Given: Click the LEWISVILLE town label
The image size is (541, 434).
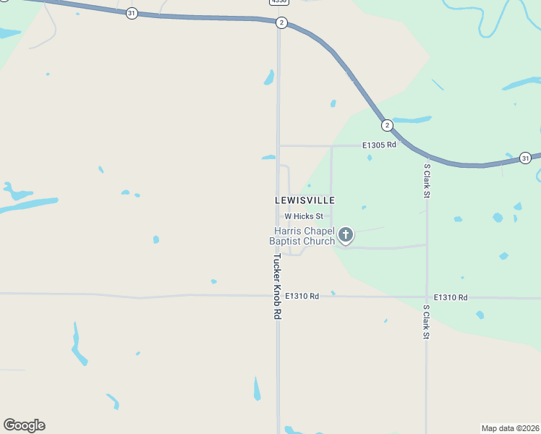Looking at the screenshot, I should (304, 200).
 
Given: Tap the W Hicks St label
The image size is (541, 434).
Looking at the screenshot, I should (307, 216).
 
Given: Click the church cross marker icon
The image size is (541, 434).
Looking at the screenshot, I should (346, 234).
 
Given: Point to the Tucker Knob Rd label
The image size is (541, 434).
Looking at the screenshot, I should (276, 286).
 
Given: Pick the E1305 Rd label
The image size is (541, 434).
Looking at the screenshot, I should (380, 145).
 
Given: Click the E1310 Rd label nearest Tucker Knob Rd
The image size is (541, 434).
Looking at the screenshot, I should (302, 296).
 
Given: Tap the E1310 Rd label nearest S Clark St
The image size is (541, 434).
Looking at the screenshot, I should (451, 297).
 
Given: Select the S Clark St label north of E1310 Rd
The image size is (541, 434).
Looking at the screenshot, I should (427, 180).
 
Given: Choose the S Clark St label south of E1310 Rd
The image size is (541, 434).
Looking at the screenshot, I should (426, 323).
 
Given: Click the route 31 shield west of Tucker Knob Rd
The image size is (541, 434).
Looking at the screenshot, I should (132, 13).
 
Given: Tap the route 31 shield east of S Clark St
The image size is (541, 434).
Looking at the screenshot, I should (525, 158).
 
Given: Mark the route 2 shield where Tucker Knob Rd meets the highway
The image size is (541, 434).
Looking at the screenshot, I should (281, 23).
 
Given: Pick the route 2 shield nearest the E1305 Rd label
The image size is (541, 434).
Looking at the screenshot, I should (387, 125).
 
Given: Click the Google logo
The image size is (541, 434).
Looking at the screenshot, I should (24, 425).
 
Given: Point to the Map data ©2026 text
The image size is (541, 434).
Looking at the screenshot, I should (510, 427).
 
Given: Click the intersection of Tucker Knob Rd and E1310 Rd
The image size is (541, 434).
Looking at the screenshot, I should (278, 295).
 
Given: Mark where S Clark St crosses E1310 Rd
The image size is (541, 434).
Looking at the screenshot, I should (426, 297).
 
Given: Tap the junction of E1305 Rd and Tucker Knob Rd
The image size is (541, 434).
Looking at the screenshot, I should (278, 145).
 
